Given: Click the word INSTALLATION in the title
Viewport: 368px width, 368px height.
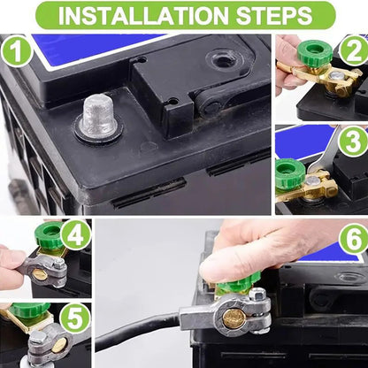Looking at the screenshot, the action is point(143,14).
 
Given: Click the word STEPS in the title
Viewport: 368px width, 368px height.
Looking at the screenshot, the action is point(274,14).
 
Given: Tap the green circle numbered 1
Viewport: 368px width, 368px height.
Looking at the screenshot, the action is point(17,51).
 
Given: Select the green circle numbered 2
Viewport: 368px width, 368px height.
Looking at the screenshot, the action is point(353,50).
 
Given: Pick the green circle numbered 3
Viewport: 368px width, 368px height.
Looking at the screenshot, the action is point(353,141).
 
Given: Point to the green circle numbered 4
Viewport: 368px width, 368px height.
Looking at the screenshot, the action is point(75,235).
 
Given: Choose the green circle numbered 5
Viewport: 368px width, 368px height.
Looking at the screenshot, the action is point(75,318).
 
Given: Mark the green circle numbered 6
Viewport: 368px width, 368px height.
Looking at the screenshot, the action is point(354,239).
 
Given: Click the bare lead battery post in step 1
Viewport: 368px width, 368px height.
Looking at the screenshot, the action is point(97,117).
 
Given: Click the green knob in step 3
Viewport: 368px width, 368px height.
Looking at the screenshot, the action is point(290,173).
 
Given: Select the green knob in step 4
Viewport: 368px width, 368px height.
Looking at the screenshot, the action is point(49,234).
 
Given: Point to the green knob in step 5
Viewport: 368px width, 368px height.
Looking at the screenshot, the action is point(29,310).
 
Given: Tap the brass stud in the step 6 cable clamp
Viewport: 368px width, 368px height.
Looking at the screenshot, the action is point(234,318).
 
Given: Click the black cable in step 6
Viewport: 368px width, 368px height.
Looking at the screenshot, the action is point(138,330).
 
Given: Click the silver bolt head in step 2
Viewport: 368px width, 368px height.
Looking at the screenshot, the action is point(336,76).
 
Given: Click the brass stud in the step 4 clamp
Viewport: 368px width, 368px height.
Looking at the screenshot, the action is point(40,274).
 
